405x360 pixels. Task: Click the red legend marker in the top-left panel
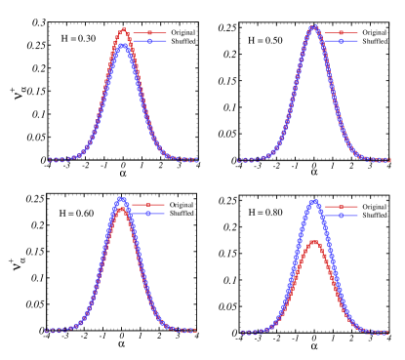point(149,33)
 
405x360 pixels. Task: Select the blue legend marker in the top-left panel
point(149,42)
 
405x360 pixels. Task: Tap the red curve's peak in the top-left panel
point(123,29)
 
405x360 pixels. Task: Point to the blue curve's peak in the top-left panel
point(123,44)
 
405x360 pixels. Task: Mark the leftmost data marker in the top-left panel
point(50,160)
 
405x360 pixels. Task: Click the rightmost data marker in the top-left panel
point(196,160)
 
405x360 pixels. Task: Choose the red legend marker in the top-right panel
point(342,33)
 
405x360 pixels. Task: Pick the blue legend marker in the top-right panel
point(342,41)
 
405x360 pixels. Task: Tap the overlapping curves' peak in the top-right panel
point(313,27)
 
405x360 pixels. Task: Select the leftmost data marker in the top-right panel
point(239,160)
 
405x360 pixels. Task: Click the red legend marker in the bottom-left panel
point(148,205)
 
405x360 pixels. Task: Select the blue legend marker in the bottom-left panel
point(148,213)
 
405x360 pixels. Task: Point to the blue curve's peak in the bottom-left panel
point(121,199)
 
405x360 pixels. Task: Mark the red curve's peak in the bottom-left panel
point(121,207)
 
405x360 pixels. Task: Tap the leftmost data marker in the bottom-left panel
point(47,330)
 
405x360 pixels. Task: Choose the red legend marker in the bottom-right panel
point(342,207)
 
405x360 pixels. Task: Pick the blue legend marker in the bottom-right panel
point(342,215)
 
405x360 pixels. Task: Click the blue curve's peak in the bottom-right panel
point(313,201)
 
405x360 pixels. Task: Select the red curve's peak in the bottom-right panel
point(313,241)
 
